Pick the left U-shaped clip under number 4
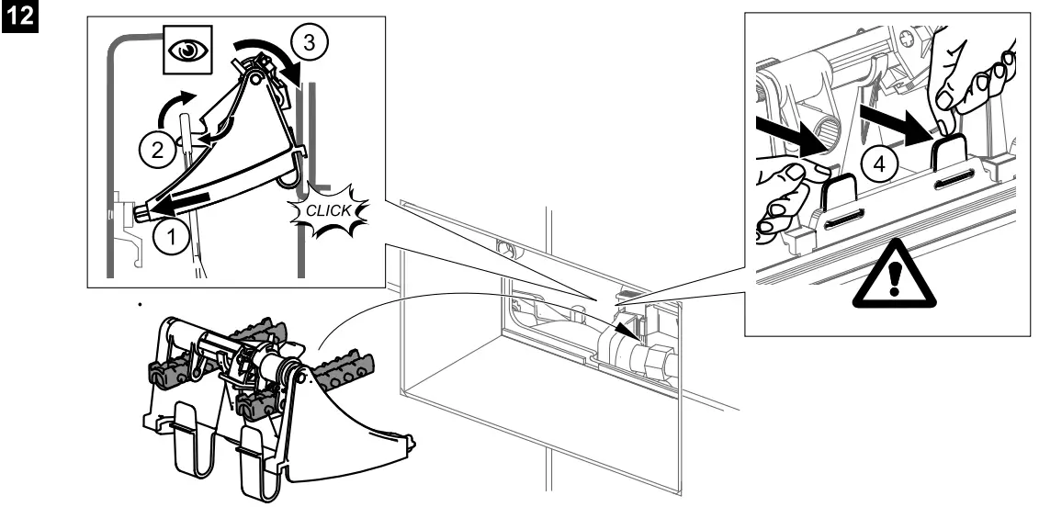pos(840,197)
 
